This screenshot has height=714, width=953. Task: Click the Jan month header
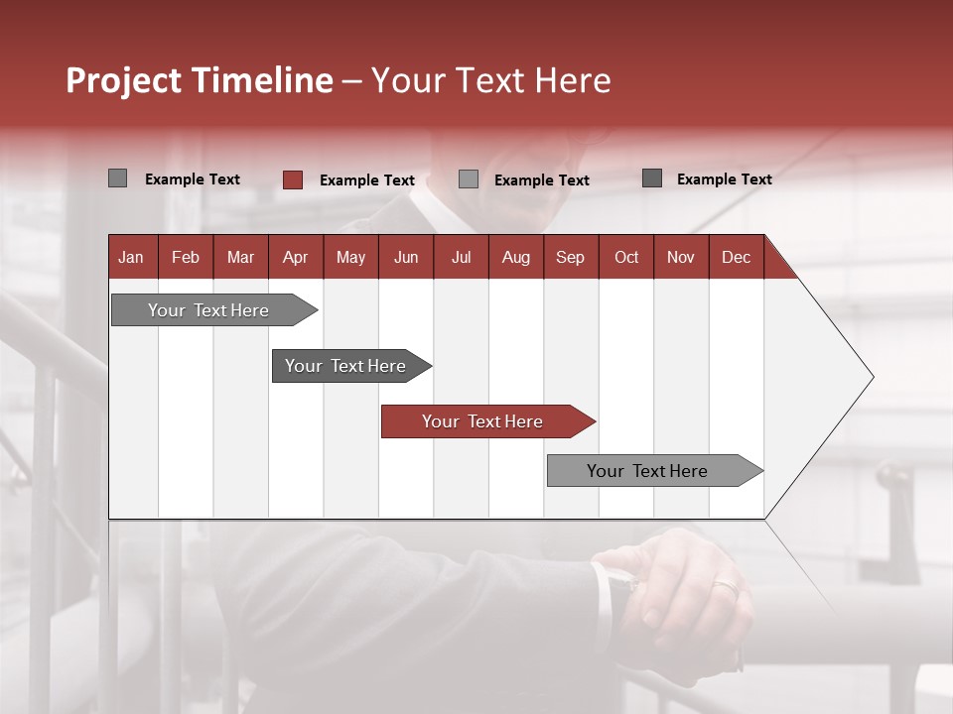[131, 257]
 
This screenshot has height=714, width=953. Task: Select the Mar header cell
[240, 257]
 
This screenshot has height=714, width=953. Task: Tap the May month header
[350, 257]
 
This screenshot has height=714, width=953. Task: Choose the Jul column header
[461, 257]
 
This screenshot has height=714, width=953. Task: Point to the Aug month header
[515, 257]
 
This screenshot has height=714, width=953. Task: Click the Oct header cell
[626, 257]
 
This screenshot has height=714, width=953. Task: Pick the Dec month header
[736, 257]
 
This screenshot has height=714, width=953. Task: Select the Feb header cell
[186, 257]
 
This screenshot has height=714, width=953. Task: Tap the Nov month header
[680, 257]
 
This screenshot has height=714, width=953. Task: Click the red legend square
[293, 179]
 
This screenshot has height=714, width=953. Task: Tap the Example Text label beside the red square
[366, 180]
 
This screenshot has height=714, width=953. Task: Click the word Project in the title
[123, 80]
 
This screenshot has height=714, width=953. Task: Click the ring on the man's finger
[726, 586]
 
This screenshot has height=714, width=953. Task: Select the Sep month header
[570, 257]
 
